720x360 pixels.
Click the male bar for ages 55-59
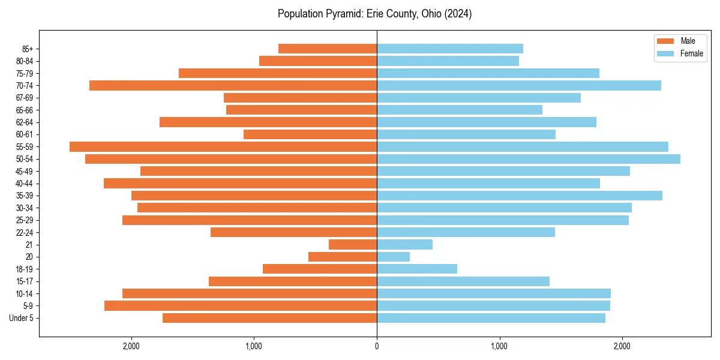coord(223,146)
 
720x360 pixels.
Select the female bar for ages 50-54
coord(528,159)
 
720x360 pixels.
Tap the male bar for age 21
coord(353,245)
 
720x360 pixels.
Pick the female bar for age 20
coord(393,257)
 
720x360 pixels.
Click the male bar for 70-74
coord(233,86)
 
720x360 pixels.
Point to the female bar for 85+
coord(450,49)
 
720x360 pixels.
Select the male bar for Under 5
coord(269,318)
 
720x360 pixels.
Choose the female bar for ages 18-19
coord(417,269)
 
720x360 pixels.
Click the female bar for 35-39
coord(520,196)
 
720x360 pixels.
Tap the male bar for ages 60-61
coord(310,134)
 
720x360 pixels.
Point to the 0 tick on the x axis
coord(377,346)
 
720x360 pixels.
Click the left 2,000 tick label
coord(131,346)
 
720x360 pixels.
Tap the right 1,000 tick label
coord(499,346)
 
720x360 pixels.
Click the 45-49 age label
coord(25,171)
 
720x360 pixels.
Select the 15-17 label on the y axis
coord(25,281)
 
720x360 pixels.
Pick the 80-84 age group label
coord(25,61)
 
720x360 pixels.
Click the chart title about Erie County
coord(374,14)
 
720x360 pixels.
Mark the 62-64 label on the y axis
coord(25,122)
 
